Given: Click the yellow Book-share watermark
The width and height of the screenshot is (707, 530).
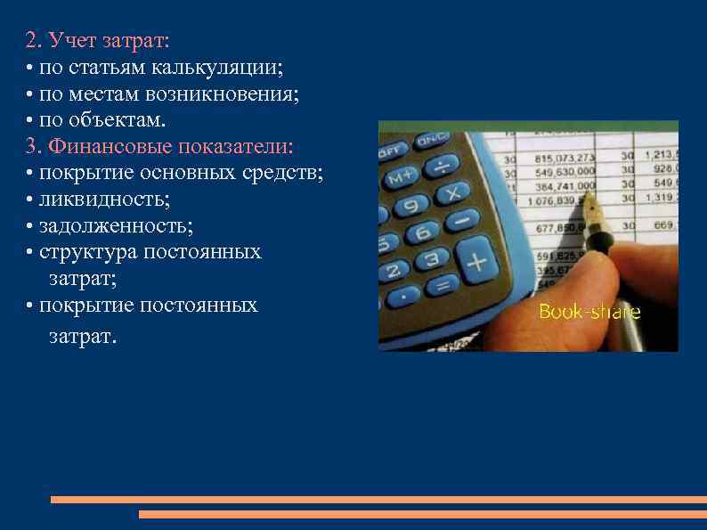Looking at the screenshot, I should click(x=589, y=312).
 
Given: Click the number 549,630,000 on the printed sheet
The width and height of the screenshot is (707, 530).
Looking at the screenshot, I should click(x=565, y=172).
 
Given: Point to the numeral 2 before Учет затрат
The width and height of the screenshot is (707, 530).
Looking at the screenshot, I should click(x=31, y=40).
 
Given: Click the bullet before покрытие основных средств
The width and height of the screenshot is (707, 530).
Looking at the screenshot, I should click(x=30, y=173).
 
